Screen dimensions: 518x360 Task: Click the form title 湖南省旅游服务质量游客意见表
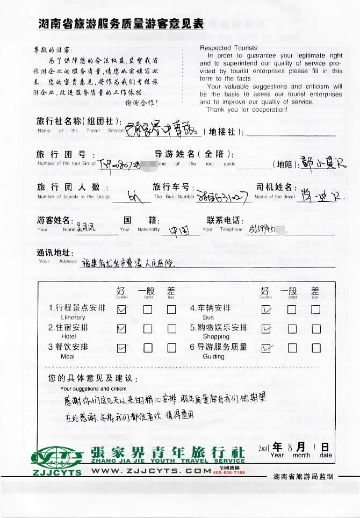[x=121, y=24]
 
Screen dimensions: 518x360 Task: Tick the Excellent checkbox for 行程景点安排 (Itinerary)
[x=121, y=309]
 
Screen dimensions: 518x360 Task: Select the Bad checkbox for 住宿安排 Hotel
[x=171, y=328]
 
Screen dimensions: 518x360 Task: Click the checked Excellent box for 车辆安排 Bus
[x=266, y=310]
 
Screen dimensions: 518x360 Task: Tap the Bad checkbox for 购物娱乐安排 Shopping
[x=316, y=328]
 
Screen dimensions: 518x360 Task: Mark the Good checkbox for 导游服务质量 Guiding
[x=291, y=348]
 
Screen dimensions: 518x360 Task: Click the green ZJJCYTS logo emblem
[x=56, y=457]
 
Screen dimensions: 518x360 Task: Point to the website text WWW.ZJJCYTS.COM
[x=151, y=471]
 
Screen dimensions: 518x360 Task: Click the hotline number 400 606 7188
[x=229, y=473]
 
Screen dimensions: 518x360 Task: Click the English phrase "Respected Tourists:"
[x=229, y=48]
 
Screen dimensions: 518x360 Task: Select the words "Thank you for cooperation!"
[x=247, y=110]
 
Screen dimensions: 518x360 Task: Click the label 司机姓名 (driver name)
[x=274, y=187]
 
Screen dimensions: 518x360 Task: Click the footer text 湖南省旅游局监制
[x=303, y=476]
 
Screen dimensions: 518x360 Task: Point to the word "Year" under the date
[x=277, y=455]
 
